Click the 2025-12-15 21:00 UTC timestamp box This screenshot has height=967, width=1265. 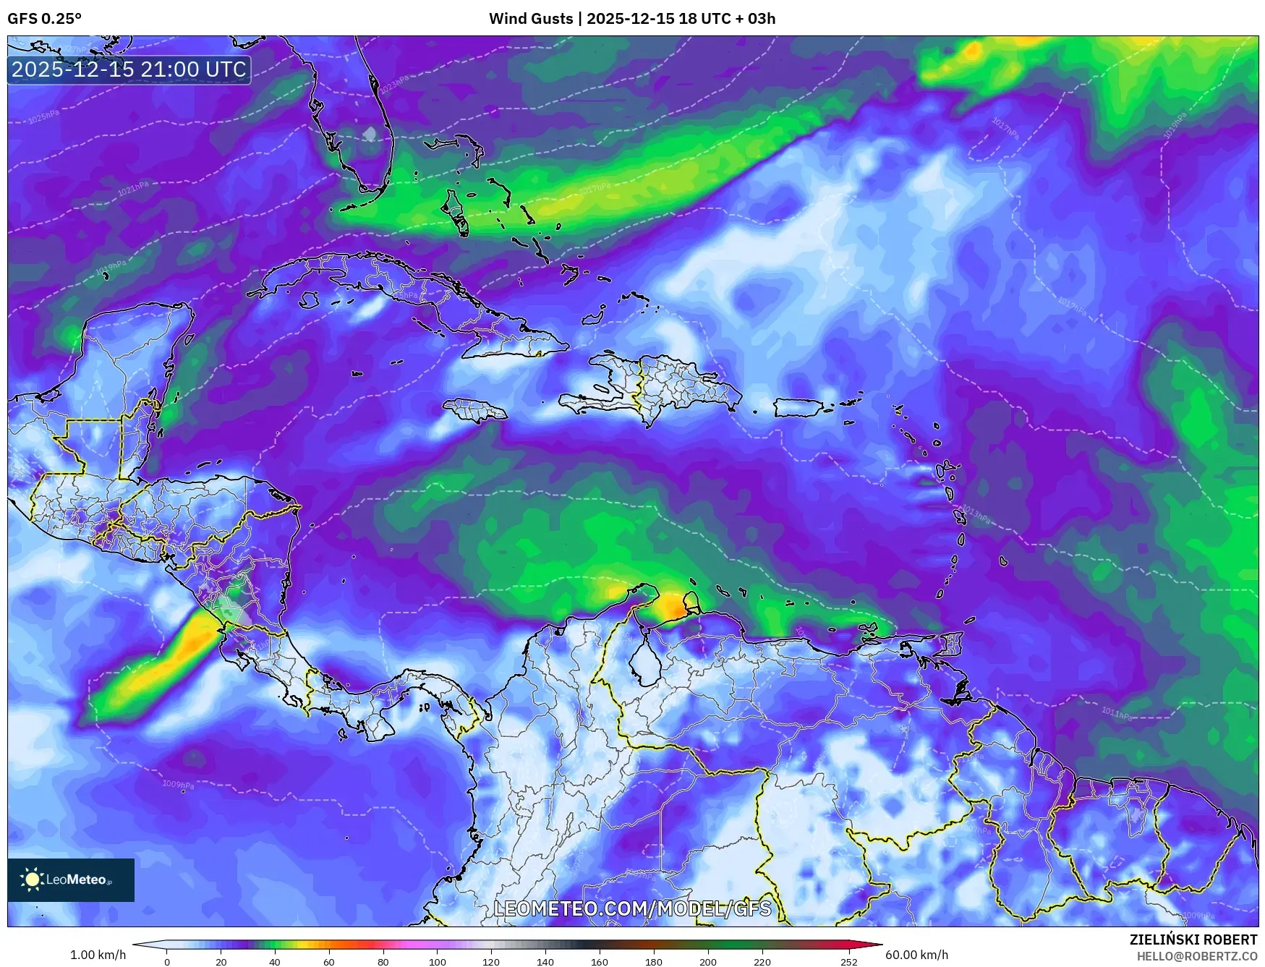(129, 69)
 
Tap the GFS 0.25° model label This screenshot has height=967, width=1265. (44, 19)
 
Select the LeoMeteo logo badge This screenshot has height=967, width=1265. (71, 879)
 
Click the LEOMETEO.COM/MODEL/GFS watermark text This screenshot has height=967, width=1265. (632, 908)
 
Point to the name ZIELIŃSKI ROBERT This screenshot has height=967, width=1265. (1193, 940)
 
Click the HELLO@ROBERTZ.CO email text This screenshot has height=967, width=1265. (1196, 956)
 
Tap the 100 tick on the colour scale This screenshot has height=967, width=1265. (437, 961)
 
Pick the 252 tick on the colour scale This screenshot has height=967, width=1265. (848, 961)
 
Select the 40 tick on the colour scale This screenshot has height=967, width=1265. (274, 961)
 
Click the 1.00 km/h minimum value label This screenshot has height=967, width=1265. (98, 955)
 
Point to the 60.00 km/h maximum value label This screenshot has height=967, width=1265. (916, 955)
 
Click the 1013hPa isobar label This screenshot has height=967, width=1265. (974, 514)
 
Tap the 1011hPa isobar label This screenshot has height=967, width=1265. (1116, 713)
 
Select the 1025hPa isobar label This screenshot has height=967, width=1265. (43, 116)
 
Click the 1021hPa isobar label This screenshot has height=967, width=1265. (133, 189)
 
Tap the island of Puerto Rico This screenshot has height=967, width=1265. (798, 407)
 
